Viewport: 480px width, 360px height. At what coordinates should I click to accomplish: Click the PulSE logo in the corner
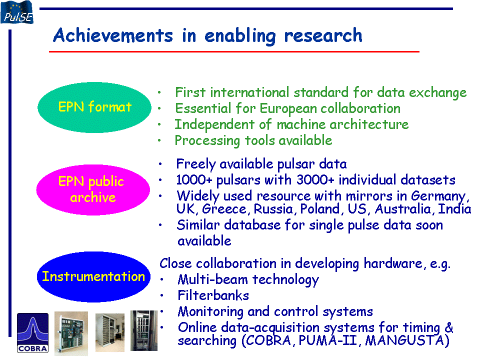click(x=17, y=12)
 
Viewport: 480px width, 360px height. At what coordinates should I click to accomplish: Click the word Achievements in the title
click(x=113, y=35)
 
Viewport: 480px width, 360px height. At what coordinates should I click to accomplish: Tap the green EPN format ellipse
click(x=94, y=107)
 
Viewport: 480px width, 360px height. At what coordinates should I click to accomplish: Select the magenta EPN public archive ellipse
click(x=93, y=190)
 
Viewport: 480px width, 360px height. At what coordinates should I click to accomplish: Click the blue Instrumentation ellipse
click(x=93, y=276)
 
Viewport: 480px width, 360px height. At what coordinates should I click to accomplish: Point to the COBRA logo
click(x=33, y=333)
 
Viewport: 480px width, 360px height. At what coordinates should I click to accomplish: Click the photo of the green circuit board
click(x=71, y=333)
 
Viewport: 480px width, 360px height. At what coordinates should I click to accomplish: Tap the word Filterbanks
click(x=213, y=295)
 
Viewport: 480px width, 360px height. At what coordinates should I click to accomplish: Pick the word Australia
click(x=403, y=209)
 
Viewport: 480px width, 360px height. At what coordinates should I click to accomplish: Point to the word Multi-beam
click(x=212, y=279)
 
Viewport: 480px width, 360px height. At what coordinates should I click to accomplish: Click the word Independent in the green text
click(x=214, y=125)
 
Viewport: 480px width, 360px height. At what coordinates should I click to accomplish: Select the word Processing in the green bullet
click(x=207, y=141)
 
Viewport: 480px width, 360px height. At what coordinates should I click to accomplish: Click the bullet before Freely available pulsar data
click(x=160, y=164)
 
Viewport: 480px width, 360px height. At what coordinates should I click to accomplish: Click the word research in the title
click(x=323, y=35)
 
